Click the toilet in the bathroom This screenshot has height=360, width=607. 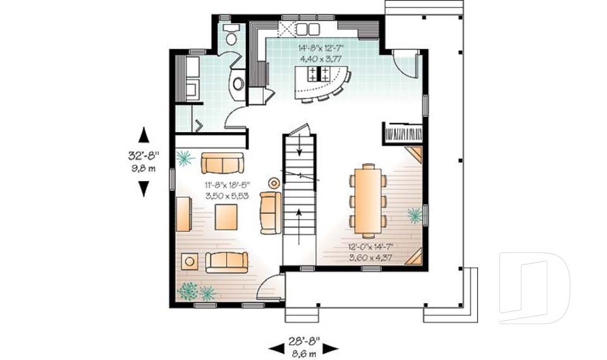click(x=231, y=35)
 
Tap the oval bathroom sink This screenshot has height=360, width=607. click(x=238, y=84)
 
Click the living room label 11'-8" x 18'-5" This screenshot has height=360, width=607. click(x=226, y=185)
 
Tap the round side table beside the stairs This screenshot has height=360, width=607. click(x=274, y=183)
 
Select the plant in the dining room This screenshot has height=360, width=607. click(x=414, y=216)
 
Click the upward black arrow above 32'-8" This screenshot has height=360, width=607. click(x=144, y=135)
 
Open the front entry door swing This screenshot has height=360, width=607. click(x=271, y=287)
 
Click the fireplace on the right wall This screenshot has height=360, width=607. click(x=402, y=134)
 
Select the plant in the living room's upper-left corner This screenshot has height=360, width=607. click(x=184, y=158)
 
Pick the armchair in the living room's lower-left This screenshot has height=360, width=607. click(x=189, y=260)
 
